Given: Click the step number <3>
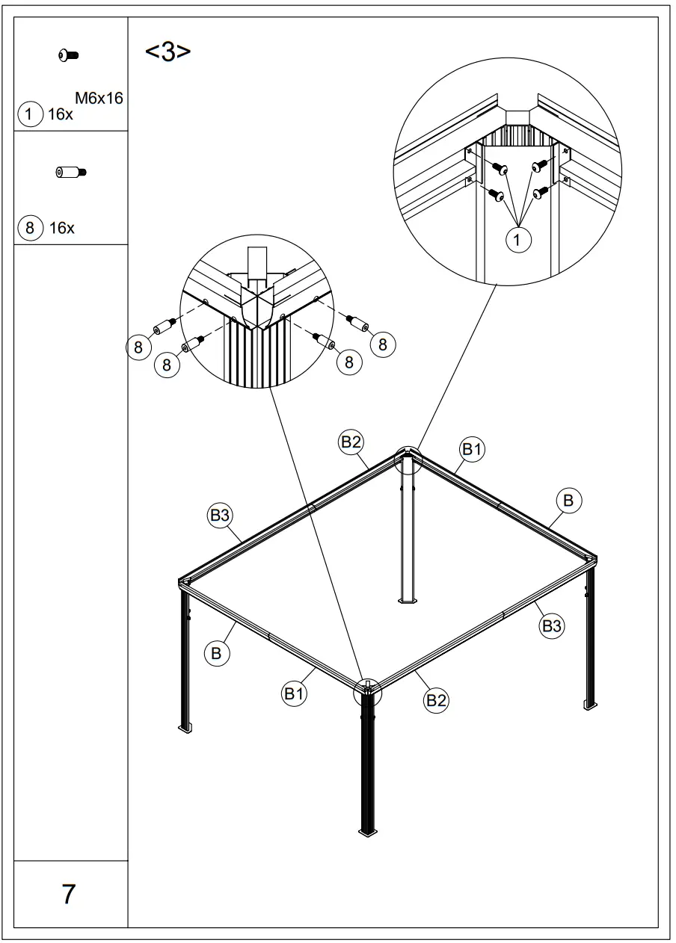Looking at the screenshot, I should pyautogui.click(x=168, y=53).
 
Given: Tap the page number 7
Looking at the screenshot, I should pyautogui.click(x=69, y=894).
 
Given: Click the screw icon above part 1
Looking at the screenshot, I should pyautogui.click(x=69, y=55).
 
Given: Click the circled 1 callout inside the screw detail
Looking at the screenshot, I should pyautogui.click(x=517, y=240).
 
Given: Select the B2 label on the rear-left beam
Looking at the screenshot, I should pyautogui.click(x=351, y=442).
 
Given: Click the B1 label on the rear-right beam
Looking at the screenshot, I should pyautogui.click(x=471, y=449).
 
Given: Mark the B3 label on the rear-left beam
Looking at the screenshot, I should pyautogui.click(x=219, y=515).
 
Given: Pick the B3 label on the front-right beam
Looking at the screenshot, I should pyautogui.click(x=551, y=626).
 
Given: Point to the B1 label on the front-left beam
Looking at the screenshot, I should pyautogui.click(x=294, y=693).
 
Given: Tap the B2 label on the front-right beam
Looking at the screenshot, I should pyautogui.click(x=436, y=700).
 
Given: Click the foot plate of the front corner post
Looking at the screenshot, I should pyautogui.click(x=367, y=831).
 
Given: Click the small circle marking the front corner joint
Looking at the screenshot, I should pyautogui.click(x=367, y=692).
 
